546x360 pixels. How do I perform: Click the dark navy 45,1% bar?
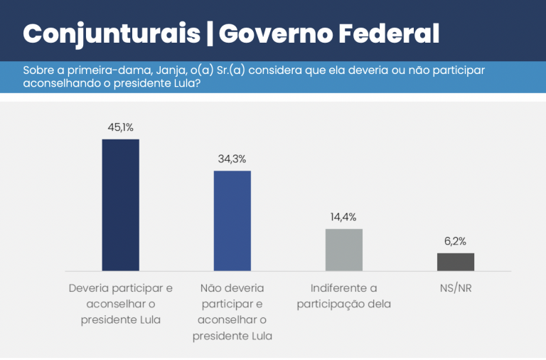click(120, 205)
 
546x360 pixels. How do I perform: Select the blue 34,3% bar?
click(232, 221)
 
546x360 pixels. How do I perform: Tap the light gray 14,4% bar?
click(344, 250)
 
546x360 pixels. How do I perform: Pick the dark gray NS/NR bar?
click(456, 262)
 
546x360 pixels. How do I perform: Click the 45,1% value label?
click(120, 127)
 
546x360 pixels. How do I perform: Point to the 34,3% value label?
click(232, 159)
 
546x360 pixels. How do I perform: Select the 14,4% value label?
click(344, 217)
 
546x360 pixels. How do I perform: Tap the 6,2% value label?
click(456, 241)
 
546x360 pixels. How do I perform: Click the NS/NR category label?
click(456, 289)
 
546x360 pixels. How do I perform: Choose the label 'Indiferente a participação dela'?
click(344, 297)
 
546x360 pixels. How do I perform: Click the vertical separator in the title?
click(210, 33)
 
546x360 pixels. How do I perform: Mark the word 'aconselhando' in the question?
click(58, 83)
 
